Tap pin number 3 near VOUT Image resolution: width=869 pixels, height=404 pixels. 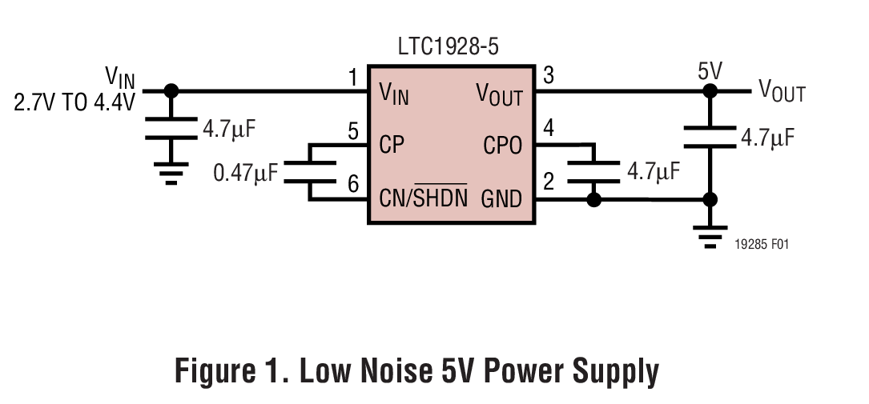[x=549, y=76]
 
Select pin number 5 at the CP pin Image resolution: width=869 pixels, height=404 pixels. [x=352, y=131]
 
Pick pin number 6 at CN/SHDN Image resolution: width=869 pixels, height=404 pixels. [x=352, y=185]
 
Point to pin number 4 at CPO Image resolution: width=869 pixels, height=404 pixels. [x=549, y=128]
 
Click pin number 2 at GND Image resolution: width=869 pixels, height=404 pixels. [x=549, y=182]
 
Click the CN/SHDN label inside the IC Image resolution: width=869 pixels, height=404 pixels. [x=423, y=197]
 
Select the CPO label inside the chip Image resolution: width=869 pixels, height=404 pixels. [x=502, y=145]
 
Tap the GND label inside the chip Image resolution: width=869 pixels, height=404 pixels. [x=501, y=198]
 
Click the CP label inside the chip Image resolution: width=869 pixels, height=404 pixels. [x=392, y=145]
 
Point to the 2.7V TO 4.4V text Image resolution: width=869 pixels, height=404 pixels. [x=74, y=102]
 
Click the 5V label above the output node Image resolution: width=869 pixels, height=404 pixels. [x=710, y=71]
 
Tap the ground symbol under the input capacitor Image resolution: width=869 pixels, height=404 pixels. [x=170, y=173]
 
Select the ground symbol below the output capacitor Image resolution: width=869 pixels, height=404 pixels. [x=710, y=237]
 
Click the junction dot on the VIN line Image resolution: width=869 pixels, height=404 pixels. [x=171, y=91]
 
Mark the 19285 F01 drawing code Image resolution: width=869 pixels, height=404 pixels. [x=762, y=245]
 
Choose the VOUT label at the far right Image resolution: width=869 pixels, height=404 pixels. [x=782, y=91]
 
